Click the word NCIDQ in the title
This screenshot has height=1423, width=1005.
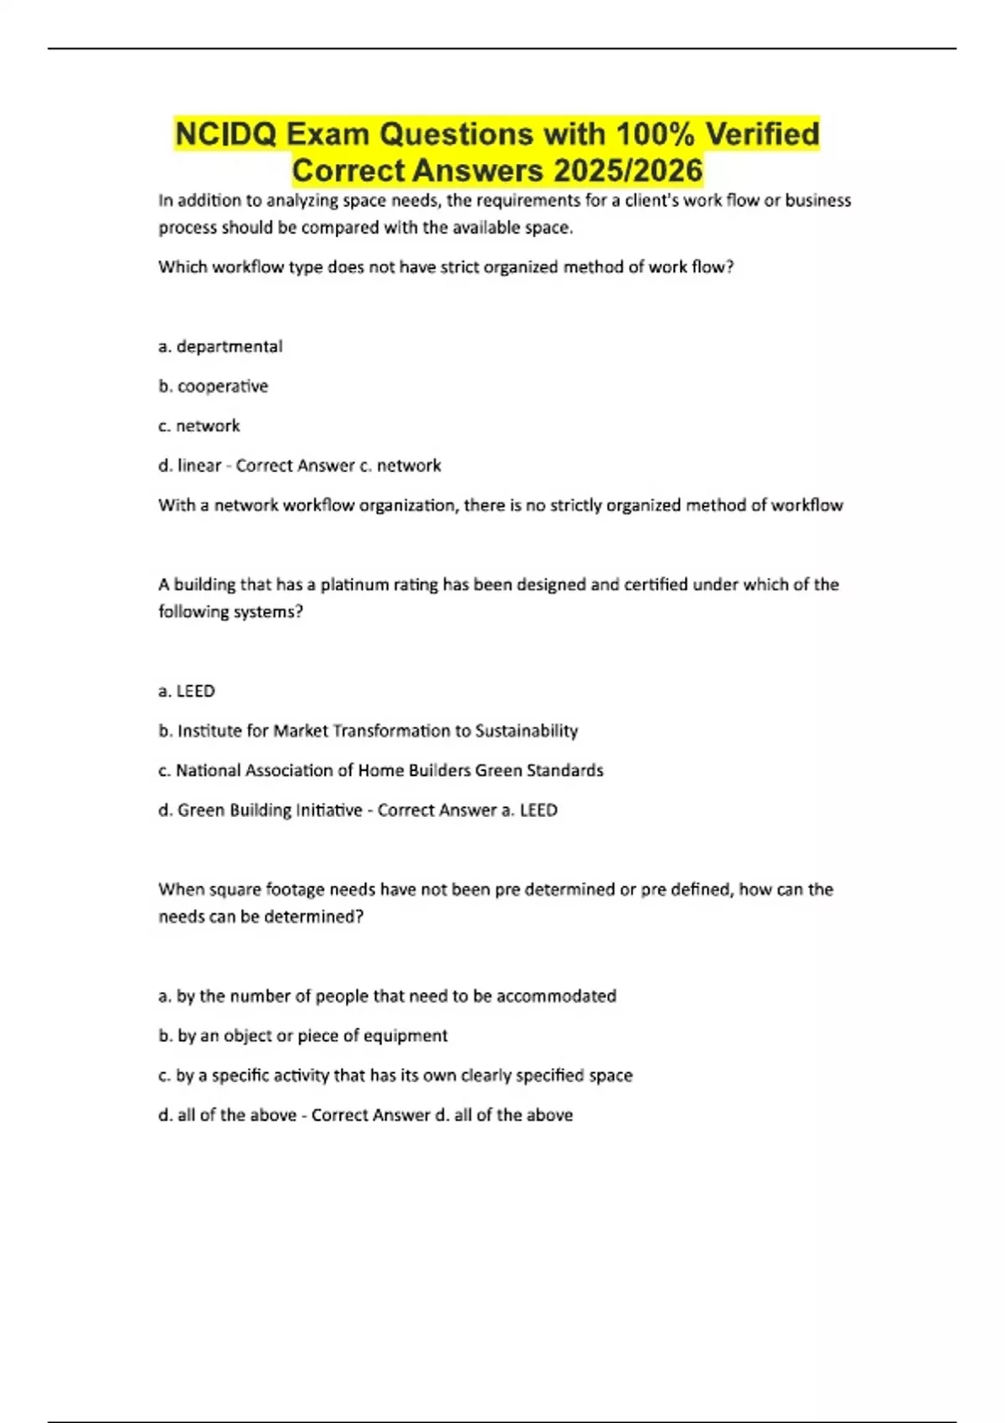point(225,134)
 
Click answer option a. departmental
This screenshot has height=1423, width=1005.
point(220,347)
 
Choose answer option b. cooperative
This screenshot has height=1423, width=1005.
point(214,386)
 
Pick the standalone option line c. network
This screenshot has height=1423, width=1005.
point(199,426)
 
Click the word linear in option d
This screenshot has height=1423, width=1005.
point(199,465)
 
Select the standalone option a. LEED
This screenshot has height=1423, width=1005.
point(187,691)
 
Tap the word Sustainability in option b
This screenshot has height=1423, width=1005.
point(526,731)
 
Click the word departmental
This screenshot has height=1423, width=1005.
point(229,347)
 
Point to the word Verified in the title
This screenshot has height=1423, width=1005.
point(762,134)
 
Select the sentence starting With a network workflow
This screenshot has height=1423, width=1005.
point(500,506)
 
